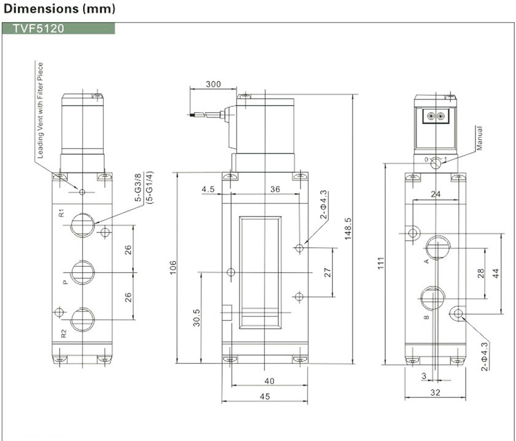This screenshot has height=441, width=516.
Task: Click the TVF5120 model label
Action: [x=39, y=29]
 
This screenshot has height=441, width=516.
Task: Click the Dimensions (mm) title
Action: [x=59, y=8]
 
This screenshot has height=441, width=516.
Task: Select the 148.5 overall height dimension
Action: [x=348, y=229]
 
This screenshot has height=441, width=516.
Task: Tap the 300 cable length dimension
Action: [x=213, y=84]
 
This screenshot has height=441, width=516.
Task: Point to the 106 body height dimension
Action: [x=173, y=267]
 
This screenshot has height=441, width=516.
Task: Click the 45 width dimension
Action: [x=265, y=397]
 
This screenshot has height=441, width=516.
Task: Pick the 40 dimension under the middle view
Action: [x=269, y=381]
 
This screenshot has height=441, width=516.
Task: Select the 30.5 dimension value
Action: [x=197, y=318]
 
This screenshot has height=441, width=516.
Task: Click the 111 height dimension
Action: [x=381, y=263]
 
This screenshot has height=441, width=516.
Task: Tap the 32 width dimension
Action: [x=435, y=393]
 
